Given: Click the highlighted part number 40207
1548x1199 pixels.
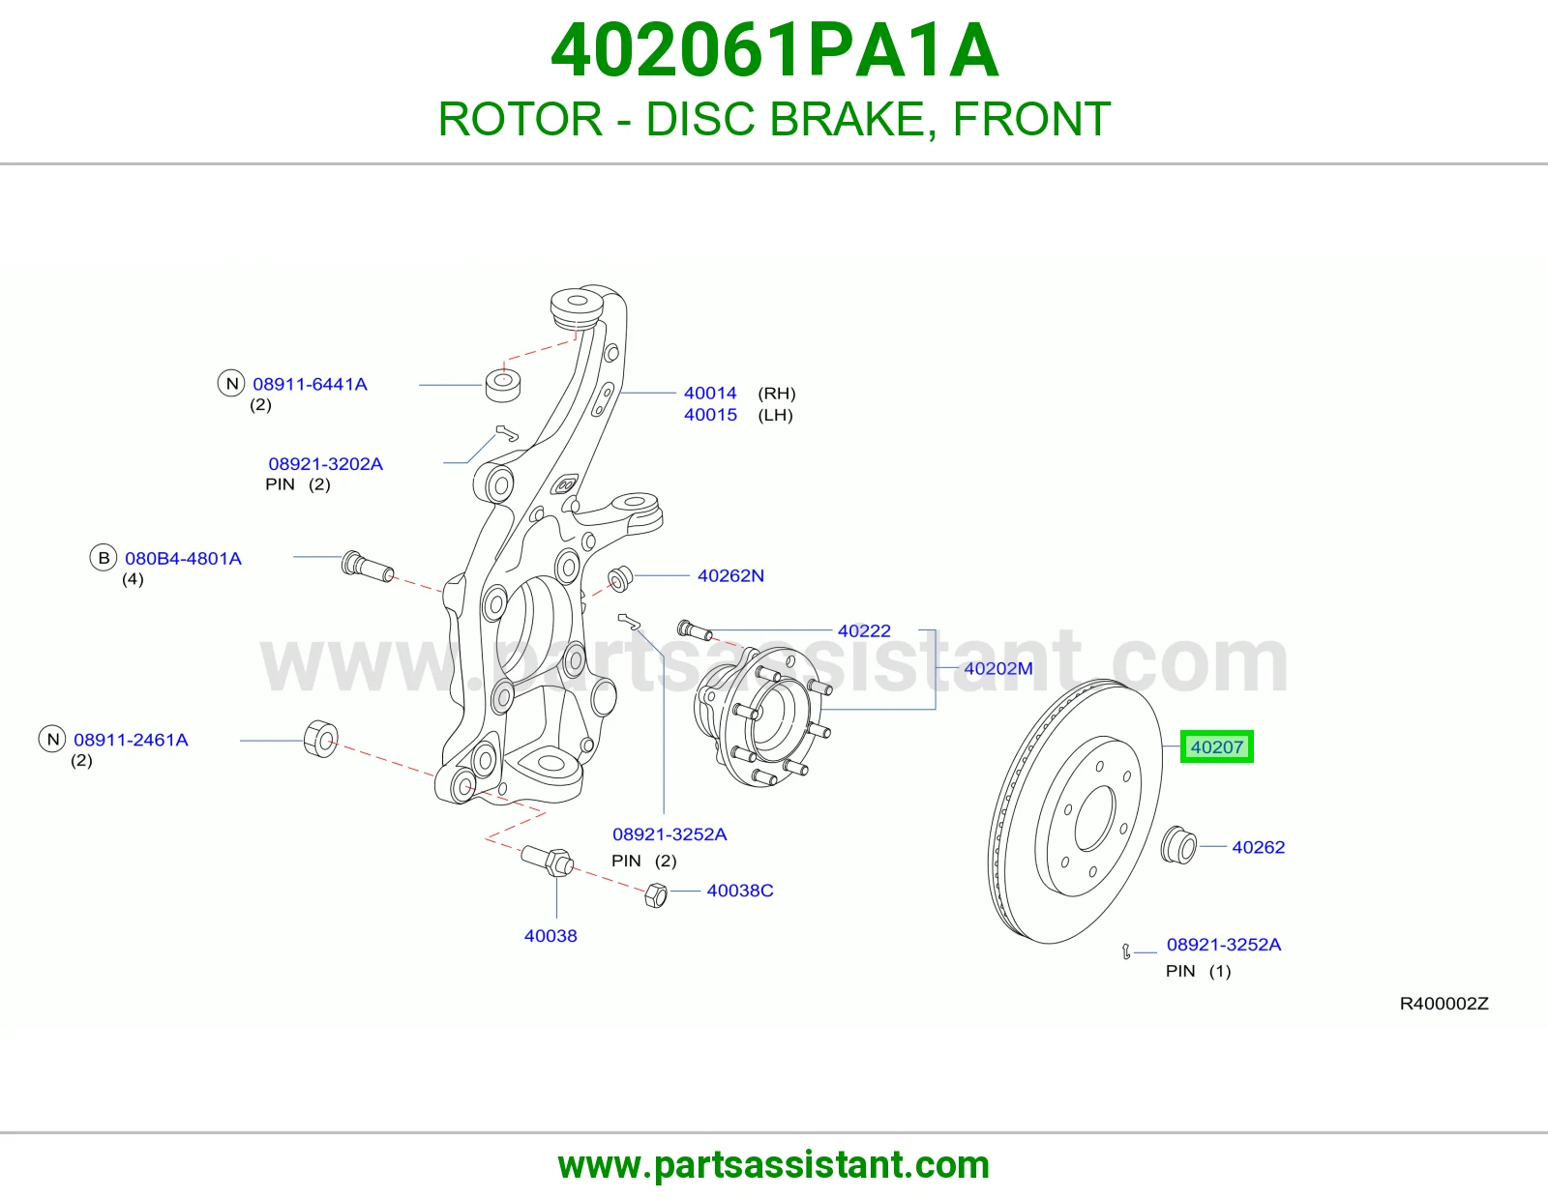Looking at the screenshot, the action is [x=1217, y=746].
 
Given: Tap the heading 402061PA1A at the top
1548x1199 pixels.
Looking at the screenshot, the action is [x=774, y=50].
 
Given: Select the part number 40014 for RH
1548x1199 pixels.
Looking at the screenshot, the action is [x=710, y=393].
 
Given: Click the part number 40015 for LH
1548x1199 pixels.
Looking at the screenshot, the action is [x=710, y=415].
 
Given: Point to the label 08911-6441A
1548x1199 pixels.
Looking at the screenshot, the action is [x=310, y=384].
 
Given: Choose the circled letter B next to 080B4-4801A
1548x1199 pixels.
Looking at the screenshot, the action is [x=104, y=558].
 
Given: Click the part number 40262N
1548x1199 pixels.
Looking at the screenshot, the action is [x=730, y=575].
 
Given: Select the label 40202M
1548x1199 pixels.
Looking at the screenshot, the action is [x=998, y=668].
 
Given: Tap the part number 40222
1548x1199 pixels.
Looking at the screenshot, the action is [x=864, y=630].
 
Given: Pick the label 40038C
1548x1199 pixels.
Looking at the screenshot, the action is [x=739, y=891].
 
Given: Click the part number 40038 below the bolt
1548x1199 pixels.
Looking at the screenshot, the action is [x=551, y=936].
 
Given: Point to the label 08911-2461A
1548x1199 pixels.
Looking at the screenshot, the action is [x=131, y=740].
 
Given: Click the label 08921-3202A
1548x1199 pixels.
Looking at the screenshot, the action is [x=325, y=463].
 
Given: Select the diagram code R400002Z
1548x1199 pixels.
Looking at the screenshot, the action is [x=1444, y=1004].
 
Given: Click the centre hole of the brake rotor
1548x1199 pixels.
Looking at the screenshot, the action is [x=1095, y=818].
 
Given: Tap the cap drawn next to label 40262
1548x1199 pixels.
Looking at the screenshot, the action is [x=1179, y=845].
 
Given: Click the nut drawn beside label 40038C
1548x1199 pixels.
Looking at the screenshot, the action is [x=655, y=895].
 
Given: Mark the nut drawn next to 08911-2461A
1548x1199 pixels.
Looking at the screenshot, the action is [x=321, y=740].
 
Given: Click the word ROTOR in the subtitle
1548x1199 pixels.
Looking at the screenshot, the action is [x=521, y=119].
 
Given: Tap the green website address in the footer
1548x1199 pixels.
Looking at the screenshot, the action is [x=774, y=1165].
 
